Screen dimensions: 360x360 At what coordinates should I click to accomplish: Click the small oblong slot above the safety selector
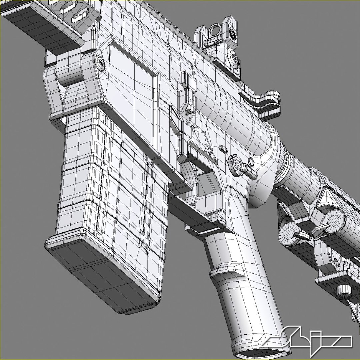[x=222, y=147]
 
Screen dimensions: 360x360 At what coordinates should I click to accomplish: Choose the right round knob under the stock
[x=333, y=220]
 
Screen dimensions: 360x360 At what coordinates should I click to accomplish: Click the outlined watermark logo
[x=310, y=340]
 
